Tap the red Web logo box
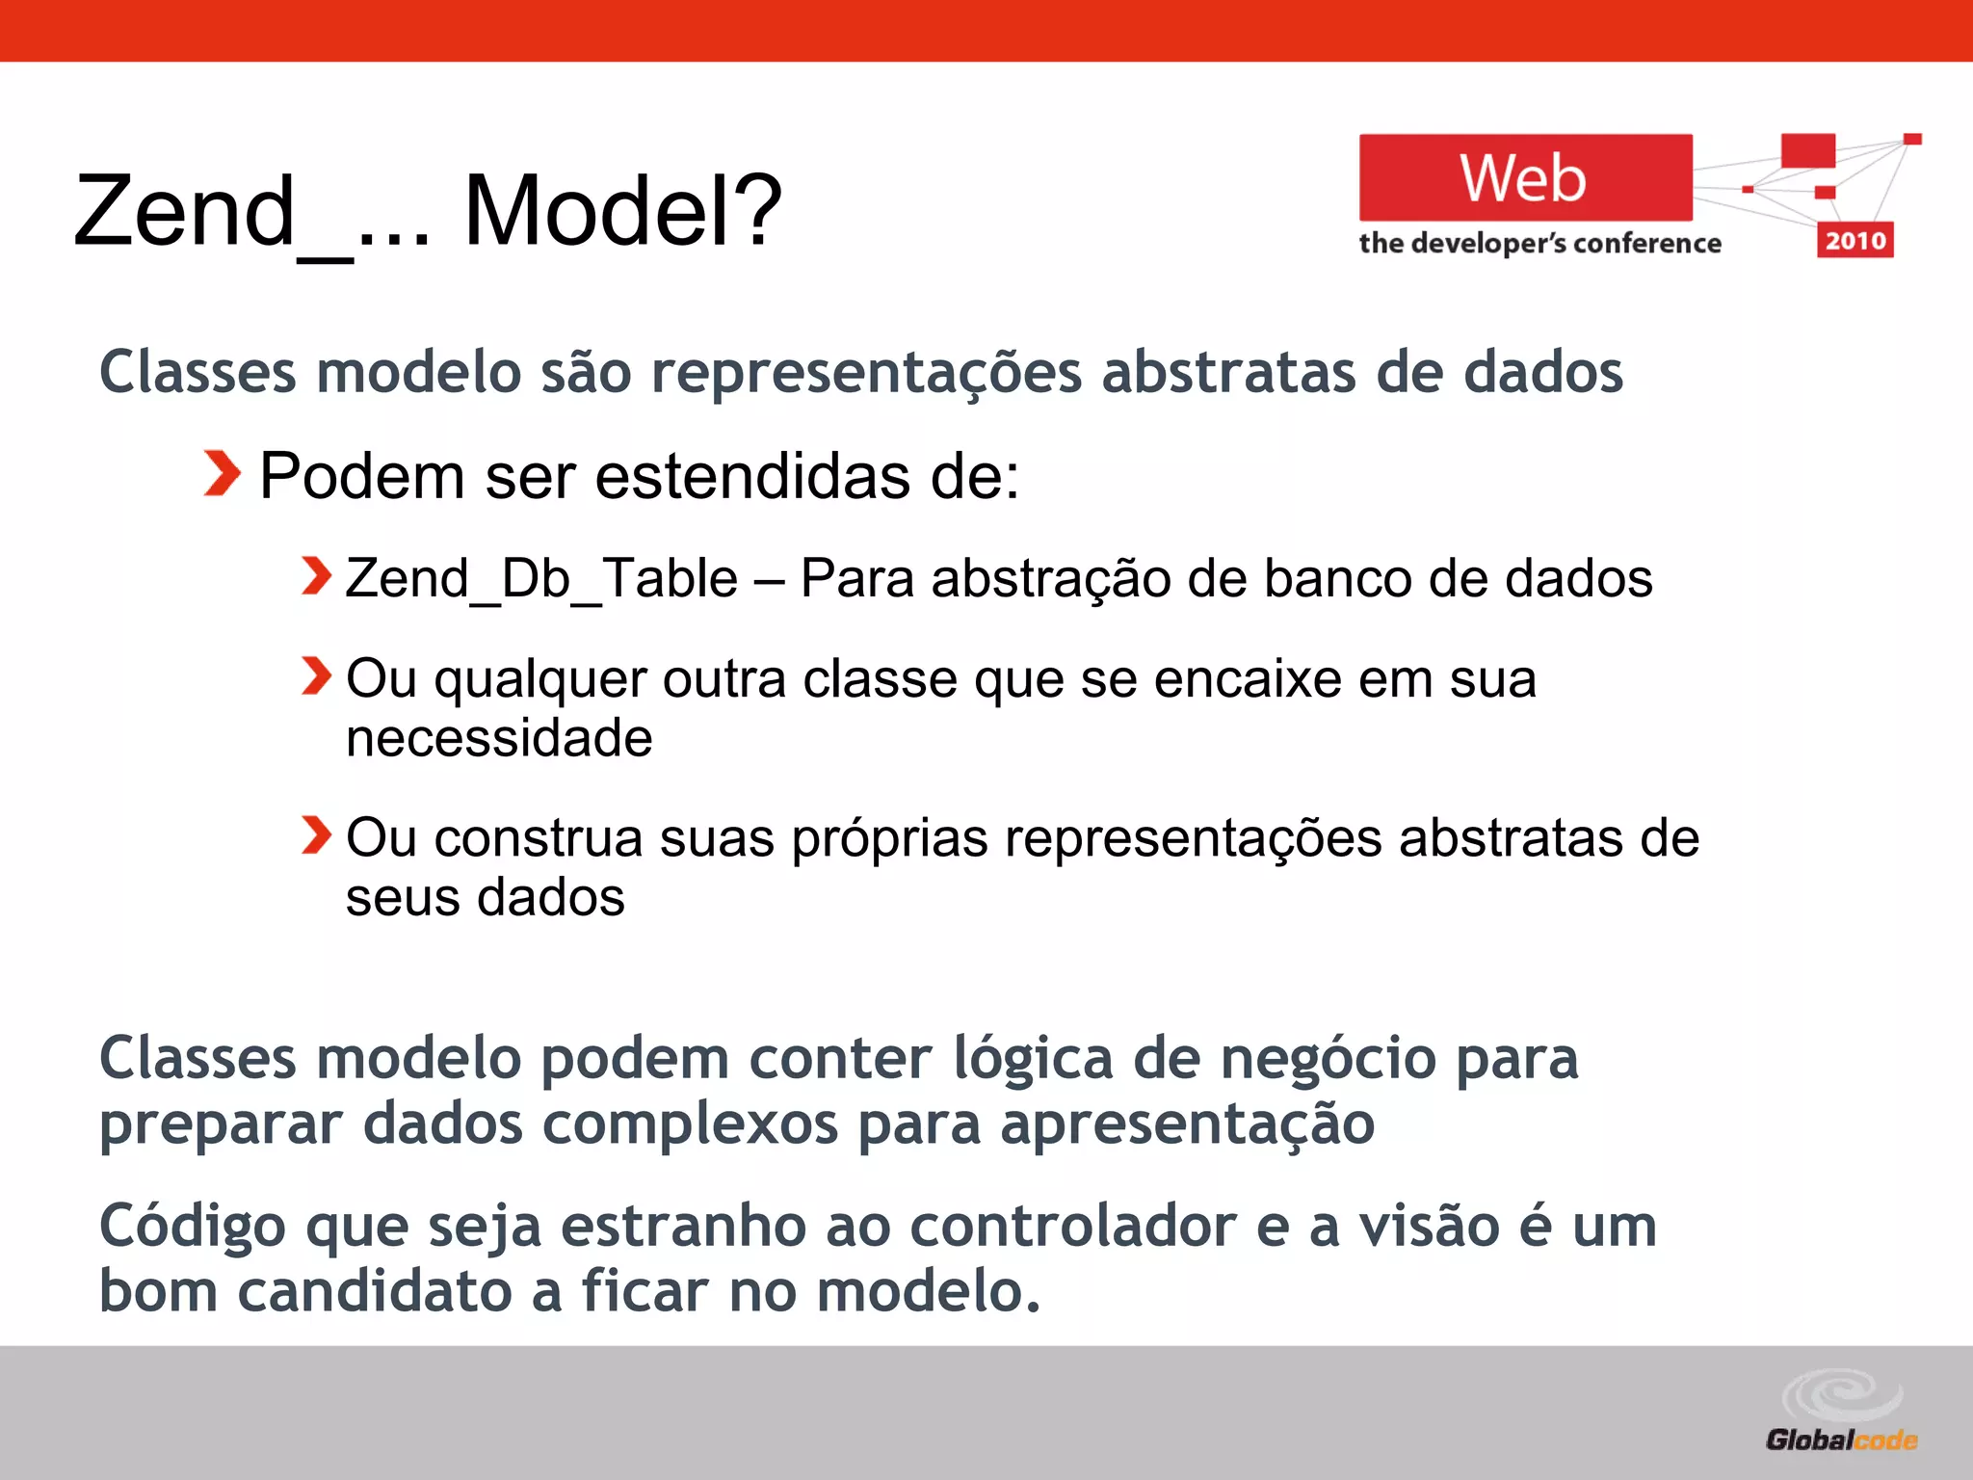[x=1525, y=178]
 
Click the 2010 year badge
[x=1855, y=240]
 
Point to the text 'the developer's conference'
[x=1539, y=243]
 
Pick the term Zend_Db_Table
[x=541, y=578]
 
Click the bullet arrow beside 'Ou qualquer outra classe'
[x=315, y=675]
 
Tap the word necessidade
[x=499, y=739]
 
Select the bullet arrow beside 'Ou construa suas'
[x=315, y=834]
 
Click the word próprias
[x=889, y=838]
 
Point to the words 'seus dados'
[x=485, y=897]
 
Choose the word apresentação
[x=1187, y=1124]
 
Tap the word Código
[x=193, y=1228]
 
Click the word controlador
[x=1072, y=1226]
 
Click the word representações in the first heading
[x=866, y=373]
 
